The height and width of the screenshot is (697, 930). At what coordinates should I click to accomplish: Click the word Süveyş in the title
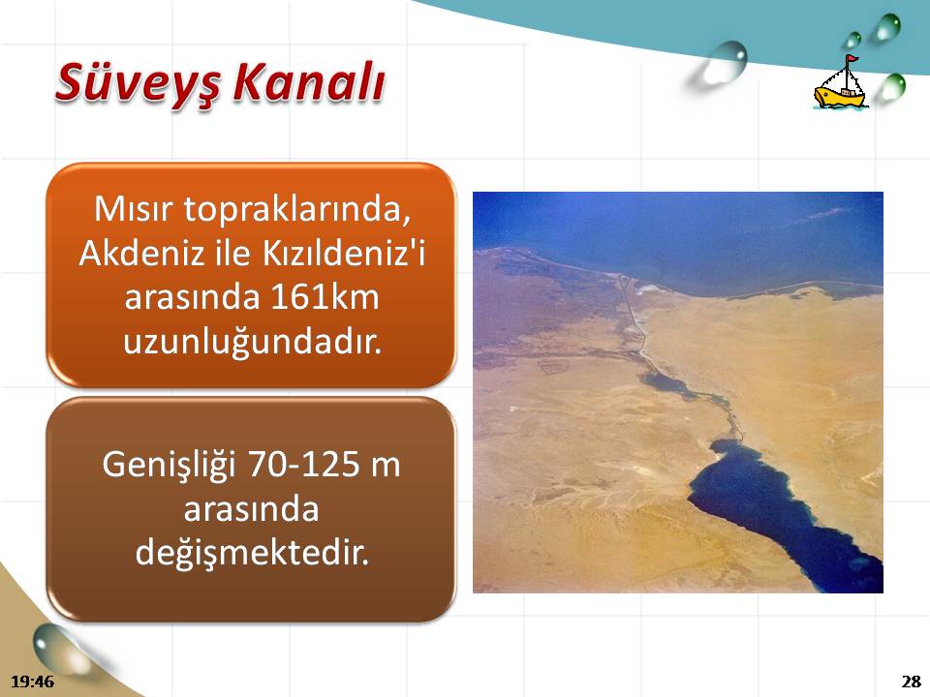(x=139, y=83)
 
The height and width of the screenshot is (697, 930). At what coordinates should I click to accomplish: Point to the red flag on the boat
(x=852, y=59)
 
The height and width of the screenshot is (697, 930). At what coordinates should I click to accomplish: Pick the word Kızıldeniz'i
(x=343, y=253)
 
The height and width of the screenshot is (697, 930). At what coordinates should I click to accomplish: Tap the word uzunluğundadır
(x=252, y=342)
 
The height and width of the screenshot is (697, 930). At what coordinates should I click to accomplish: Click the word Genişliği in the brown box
(x=169, y=465)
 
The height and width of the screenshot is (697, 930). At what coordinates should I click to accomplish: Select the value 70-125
(x=302, y=464)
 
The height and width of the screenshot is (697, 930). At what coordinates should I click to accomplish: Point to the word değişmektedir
(x=252, y=553)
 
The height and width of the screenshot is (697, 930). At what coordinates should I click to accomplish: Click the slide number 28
(x=911, y=681)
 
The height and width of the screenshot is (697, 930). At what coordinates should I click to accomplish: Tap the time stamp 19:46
(x=33, y=681)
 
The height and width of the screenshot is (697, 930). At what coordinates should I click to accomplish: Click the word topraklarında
(x=296, y=210)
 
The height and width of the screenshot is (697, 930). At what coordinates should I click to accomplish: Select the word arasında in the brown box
(x=252, y=509)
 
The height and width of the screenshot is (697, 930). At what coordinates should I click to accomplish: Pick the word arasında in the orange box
(x=192, y=297)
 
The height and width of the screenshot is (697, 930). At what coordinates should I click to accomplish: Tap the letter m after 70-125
(x=386, y=466)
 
